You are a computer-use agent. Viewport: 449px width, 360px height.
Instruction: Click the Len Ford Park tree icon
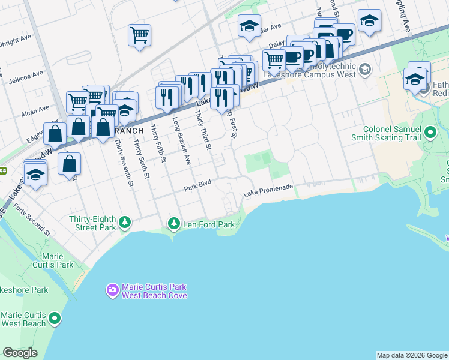tap(174, 224)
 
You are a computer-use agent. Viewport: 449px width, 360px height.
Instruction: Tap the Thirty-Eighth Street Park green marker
tap(125, 223)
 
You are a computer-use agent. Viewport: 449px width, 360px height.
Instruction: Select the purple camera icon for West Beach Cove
tap(112, 290)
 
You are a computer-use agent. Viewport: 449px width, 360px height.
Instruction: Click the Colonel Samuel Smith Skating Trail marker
tap(430, 131)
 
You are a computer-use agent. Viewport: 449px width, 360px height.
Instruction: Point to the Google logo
tap(20, 353)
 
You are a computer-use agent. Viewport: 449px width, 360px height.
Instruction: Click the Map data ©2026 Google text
tap(411, 355)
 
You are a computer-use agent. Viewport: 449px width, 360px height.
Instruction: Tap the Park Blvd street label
tap(198, 189)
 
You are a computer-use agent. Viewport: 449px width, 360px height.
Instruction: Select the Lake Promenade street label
tap(268, 191)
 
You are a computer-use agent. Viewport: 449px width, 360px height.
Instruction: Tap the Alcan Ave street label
tap(35, 110)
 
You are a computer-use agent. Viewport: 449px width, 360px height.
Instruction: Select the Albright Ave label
tap(17, 38)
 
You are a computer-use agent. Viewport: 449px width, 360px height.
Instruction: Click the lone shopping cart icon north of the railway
tap(139, 34)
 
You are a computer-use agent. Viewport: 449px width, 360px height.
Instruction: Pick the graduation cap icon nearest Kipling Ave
tap(370, 20)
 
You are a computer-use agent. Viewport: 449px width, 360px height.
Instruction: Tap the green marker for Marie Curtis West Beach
tap(55, 317)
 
